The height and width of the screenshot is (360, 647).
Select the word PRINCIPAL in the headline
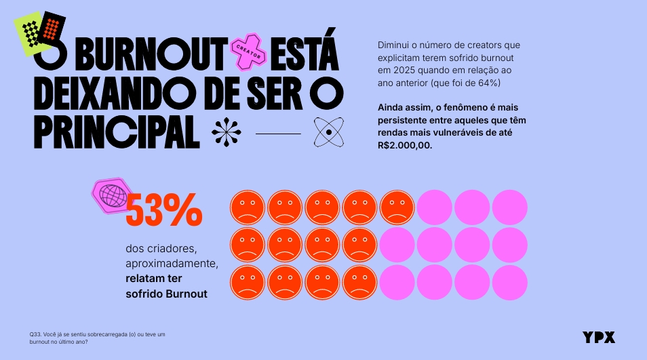(117, 133)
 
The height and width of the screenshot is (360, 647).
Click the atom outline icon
(329, 132)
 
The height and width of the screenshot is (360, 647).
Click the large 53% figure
(164, 212)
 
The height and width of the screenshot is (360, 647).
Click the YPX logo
(599, 337)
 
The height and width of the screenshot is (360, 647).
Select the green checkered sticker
(30, 34)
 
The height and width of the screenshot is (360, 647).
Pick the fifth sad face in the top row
(397, 207)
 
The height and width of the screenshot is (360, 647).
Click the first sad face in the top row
(248, 207)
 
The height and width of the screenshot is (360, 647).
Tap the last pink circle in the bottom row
(509, 283)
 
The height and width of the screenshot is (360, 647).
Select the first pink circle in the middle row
(397, 245)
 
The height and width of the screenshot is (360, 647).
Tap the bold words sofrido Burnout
(166, 294)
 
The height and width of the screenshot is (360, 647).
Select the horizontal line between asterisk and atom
(278, 134)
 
